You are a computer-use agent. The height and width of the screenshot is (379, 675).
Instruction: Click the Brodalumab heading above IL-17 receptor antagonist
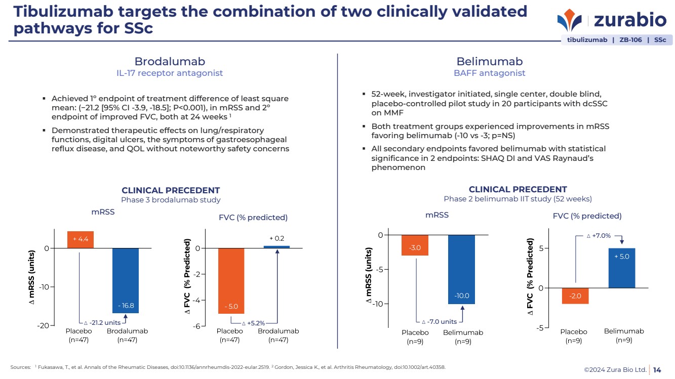(170, 62)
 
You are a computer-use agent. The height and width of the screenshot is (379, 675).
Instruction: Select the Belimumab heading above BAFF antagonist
(489, 62)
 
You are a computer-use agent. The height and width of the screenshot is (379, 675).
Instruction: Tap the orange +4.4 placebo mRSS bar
(80, 240)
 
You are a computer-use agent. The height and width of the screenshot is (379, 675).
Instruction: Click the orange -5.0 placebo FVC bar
(231, 281)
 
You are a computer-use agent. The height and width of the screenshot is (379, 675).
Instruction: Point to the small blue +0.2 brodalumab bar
(276, 247)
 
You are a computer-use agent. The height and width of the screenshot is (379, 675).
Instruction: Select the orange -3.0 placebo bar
(415, 245)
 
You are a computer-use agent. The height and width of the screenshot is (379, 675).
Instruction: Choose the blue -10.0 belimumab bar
(462, 269)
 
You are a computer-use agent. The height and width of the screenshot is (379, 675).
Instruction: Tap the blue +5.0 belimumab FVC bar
(621, 268)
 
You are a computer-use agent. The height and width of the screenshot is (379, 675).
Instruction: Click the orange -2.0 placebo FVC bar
(575, 296)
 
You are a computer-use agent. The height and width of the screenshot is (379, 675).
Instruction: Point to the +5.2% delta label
(253, 323)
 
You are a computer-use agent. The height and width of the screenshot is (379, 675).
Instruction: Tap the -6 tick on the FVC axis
(195, 326)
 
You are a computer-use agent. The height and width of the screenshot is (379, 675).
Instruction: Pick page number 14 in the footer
(657, 370)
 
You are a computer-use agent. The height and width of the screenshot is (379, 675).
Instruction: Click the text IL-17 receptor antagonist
(170, 73)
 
